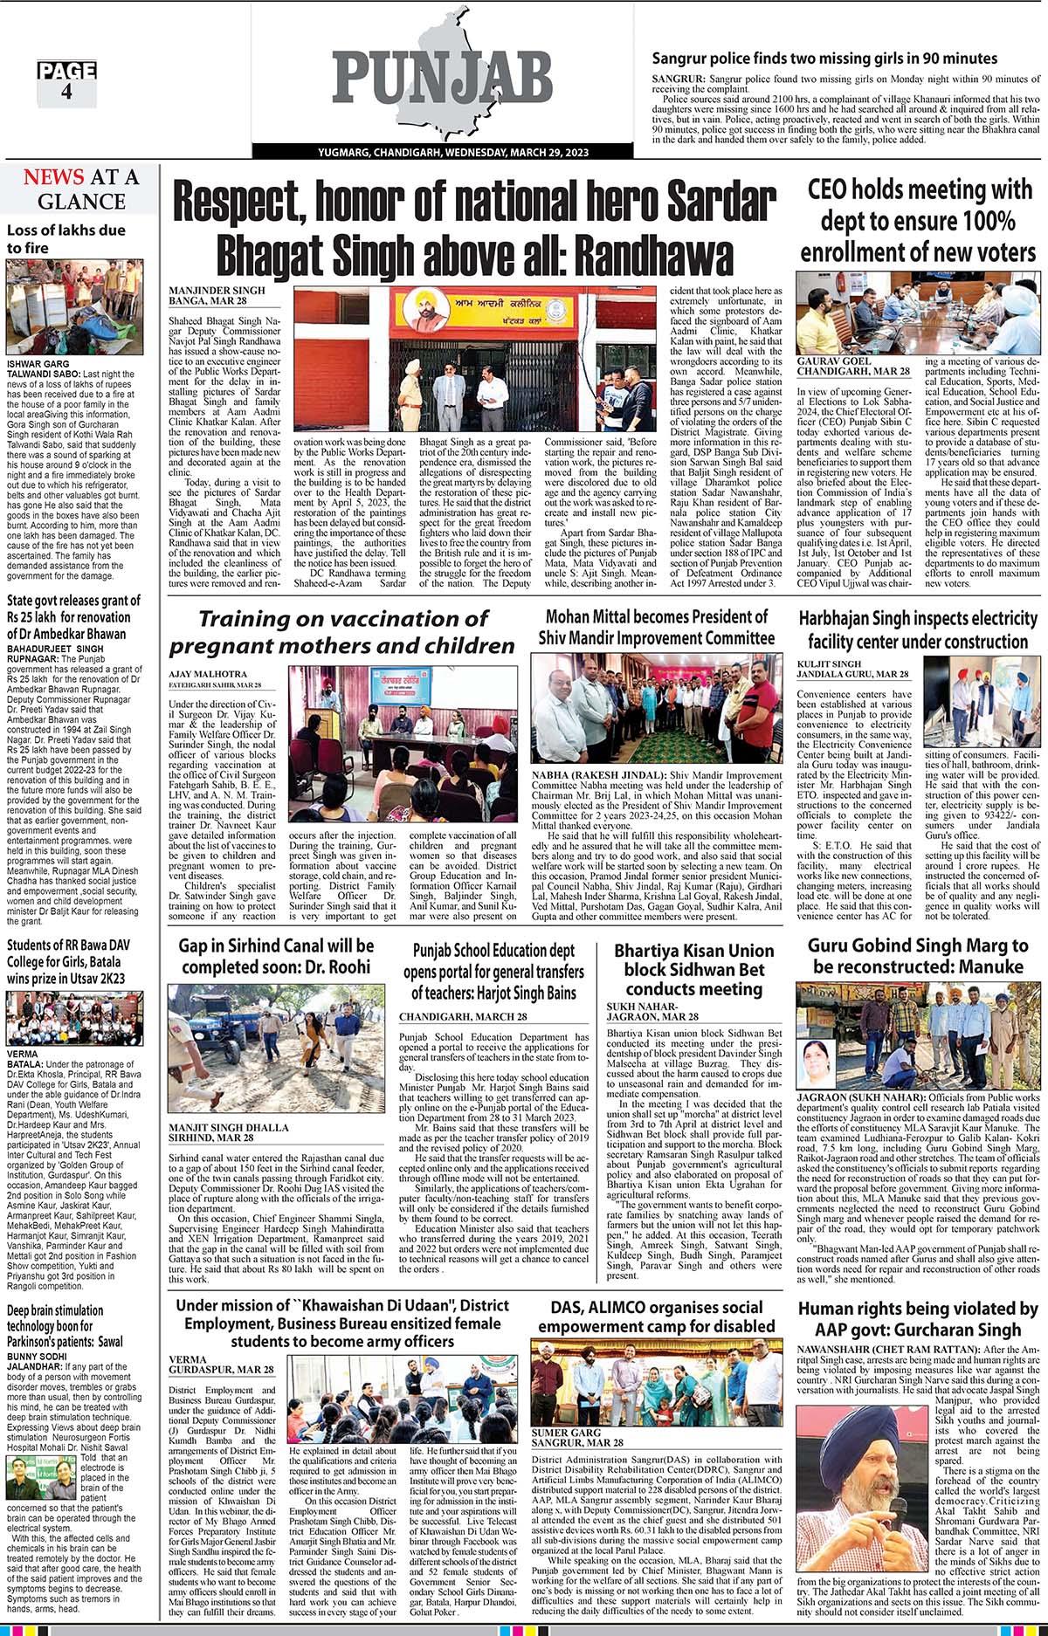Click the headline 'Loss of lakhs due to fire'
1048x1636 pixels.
pos(65,239)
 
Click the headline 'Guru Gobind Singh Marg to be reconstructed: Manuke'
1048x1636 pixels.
pos(917,956)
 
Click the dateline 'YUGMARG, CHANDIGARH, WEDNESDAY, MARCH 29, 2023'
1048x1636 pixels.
pos(453,153)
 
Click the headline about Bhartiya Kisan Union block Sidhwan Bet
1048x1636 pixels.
pos(693,969)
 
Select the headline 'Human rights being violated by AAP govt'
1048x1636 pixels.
pos(917,1319)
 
